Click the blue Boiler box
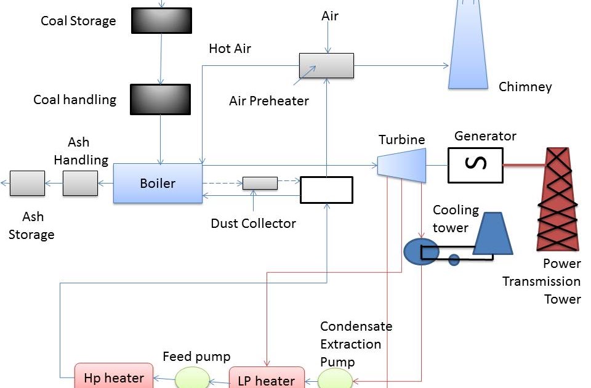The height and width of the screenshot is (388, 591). [x=158, y=183]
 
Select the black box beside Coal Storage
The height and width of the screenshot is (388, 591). [x=161, y=20]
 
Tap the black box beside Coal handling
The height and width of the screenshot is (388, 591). [x=161, y=99]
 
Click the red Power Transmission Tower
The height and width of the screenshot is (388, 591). [x=559, y=198]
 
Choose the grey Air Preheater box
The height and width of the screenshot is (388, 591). [x=326, y=65]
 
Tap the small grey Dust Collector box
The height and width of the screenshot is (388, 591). [x=260, y=183]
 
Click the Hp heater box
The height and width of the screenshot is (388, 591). [x=113, y=377]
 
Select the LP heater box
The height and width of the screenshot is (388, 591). [x=266, y=378]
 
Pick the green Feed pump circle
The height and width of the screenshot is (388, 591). [x=192, y=378]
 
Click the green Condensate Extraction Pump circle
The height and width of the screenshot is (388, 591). [x=336, y=378]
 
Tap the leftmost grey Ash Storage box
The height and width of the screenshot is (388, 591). [x=27, y=183]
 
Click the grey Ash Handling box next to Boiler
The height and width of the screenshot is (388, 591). [x=80, y=183]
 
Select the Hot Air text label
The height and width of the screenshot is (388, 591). [x=230, y=48]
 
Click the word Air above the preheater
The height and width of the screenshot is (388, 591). [x=330, y=16]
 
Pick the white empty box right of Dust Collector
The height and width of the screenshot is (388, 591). [x=326, y=190]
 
